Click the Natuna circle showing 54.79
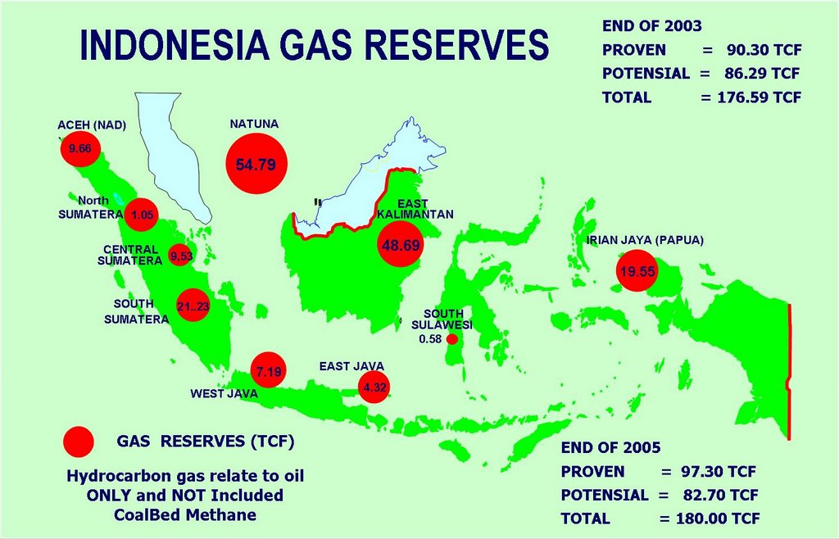pyautogui.click(x=256, y=164)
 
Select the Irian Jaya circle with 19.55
pyautogui.click(x=637, y=273)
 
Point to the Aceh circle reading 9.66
pyautogui.click(x=80, y=149)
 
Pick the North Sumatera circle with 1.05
pyautogui.click(x=141, y=215)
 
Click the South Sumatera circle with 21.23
pyautogui.click(x=193, y=306)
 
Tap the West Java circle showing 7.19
pyautogui.click(x=269, y=372)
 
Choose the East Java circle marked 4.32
pyautogui.click(x=374, y=386)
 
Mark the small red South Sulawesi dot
pyautogui.click(x=451, y=338)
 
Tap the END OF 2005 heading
pyautogui.click(x=610, y=448)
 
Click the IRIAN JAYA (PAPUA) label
pyautogui.click(x=645, y=240)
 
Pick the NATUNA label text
pyautogui.click(x=254, y=124)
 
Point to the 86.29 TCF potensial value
pyautogui.click(x=761, y=74)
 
